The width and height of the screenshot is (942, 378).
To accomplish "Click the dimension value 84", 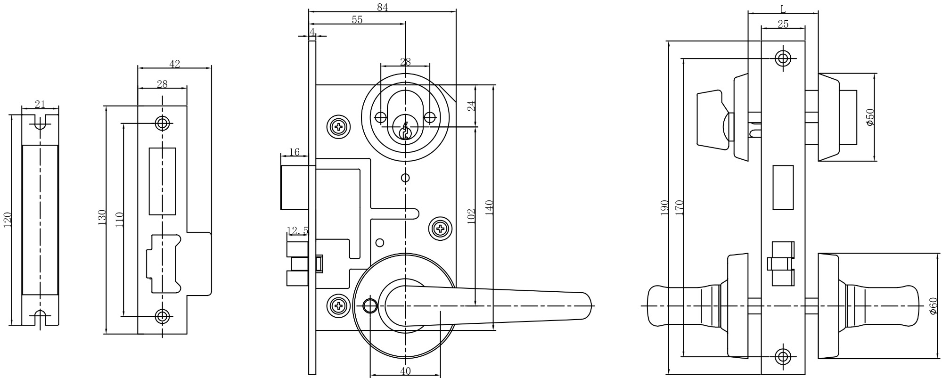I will click(x=382, y=7).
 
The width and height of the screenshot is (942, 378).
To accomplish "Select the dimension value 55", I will click(x=357, y=20).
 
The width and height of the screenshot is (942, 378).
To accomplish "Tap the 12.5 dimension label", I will click(x=297, y=231).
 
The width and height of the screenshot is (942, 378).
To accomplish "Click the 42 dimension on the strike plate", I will click(x=174, y=64).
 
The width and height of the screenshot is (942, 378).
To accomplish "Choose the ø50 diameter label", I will click(x=870, y=117).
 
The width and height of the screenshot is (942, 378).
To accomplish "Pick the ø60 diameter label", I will click(x=934, y=306).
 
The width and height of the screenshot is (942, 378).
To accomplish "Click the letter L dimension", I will click(x=783, y=9).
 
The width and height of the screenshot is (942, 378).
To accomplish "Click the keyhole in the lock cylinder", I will click(x=404, y=131).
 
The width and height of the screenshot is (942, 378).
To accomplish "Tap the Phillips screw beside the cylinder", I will click(x=338, y=126).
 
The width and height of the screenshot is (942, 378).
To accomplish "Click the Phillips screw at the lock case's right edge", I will click(x=441, y=229).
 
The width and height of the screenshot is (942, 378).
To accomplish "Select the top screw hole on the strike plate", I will click(x=163, y=124).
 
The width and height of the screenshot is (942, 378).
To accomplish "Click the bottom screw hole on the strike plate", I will click(x=163, y=316).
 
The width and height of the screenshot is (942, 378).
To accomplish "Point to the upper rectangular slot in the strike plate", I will click(x=162, y=181).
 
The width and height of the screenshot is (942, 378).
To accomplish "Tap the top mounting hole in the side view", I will click(x=783, y=58).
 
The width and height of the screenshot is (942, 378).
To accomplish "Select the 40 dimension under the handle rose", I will click(x=405, y=371).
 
